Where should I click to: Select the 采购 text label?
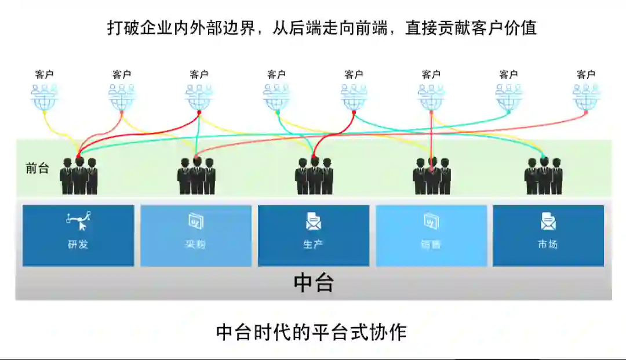click(195, 244)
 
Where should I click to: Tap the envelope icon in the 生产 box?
click(314, 221)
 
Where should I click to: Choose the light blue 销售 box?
click(431, 235)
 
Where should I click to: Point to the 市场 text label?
click(548, 244)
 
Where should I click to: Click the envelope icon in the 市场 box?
click(548, 221)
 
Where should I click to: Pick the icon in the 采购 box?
click(195, 221)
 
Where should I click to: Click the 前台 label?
click(37, 168)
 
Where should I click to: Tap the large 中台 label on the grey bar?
click(314, 282)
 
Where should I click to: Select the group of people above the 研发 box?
click(79, 175)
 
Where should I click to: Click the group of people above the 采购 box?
click(196, 175)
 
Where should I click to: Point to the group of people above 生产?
click(314, 175)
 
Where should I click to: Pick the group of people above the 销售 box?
click(432, 175)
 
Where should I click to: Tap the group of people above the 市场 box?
click(544, 175)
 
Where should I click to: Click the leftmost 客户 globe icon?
click(44, 97)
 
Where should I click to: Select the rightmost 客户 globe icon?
click(586, 97)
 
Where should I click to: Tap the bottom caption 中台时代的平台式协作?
click(311, 332)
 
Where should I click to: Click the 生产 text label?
click(314, 244)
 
